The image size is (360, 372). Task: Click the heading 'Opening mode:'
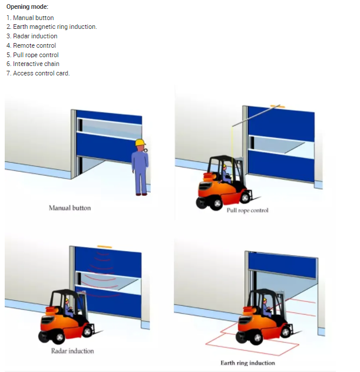27,6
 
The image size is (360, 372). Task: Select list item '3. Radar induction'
32,36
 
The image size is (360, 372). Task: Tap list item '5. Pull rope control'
32,55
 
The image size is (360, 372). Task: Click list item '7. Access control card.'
38,73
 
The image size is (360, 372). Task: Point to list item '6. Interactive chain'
33,64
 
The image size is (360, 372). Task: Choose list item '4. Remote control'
31,45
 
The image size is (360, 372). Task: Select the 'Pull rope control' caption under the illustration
247,210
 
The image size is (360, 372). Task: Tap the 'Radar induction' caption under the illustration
72,351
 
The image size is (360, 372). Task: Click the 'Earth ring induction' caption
248,363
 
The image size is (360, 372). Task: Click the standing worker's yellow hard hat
140,142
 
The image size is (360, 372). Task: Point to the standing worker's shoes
141,195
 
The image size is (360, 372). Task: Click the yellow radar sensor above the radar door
105,247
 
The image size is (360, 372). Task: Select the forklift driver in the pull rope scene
226,174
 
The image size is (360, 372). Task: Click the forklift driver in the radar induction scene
68,308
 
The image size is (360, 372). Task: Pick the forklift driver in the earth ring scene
266,308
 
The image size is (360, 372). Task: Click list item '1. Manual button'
30,18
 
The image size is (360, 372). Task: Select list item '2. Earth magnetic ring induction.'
52,27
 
